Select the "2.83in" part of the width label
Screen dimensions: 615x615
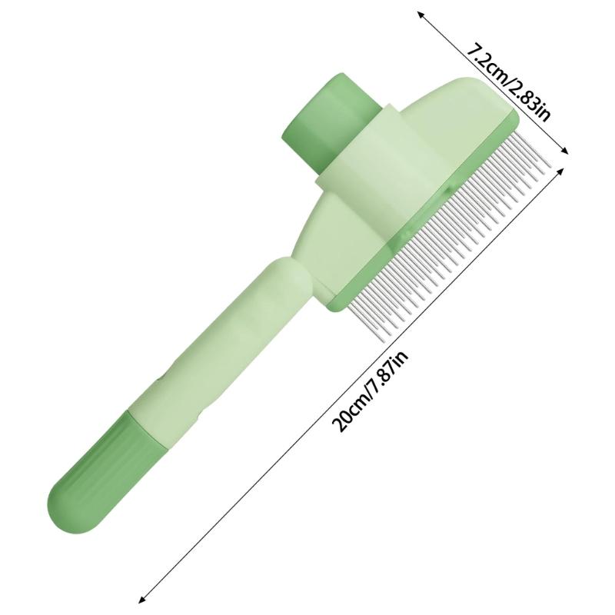pyautogui.click(x=527, y=100)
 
